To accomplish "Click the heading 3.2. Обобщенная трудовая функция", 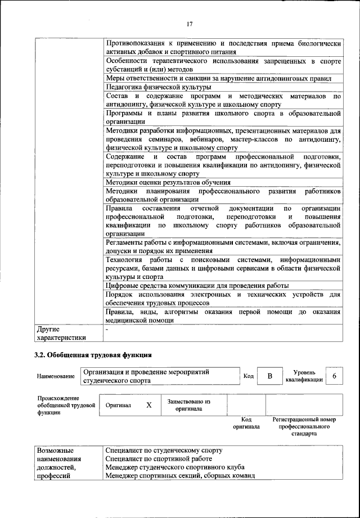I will pos(93,355).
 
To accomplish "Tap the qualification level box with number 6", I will pos(334,376).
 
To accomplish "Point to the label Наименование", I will pos(56,376).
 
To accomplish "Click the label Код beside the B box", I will pos(248,376).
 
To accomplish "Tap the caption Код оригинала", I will pos(246,423).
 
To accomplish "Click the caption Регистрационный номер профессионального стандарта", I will pos(303,426).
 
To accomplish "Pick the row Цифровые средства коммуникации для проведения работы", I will pos(197,286).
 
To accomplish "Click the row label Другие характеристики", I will pos(61,333).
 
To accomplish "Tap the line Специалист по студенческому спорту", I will pos(164,451).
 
